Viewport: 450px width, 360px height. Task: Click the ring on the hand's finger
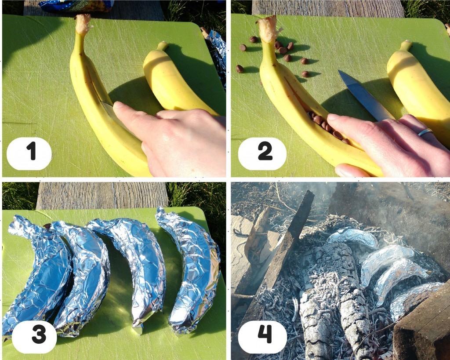[425, 132]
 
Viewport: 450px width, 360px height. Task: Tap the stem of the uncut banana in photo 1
[163, 45]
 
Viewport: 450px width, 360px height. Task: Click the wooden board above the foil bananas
[102, 195]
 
